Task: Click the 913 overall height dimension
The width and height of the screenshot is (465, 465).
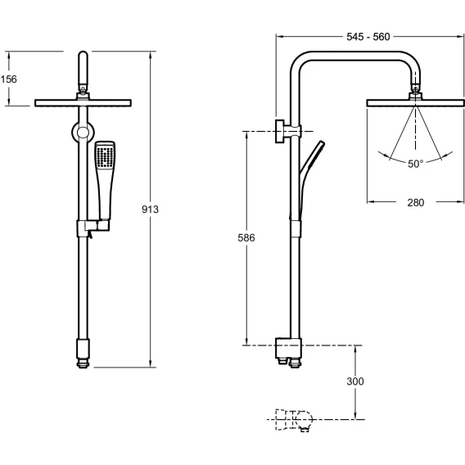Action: [150, 210]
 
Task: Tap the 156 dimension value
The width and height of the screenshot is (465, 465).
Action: [9, 79]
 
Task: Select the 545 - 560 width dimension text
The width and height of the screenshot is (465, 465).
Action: [368, 37]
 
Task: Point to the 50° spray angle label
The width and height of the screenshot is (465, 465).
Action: [416, 164]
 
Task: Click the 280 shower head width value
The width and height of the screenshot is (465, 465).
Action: [416, 202]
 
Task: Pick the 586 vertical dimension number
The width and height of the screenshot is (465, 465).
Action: [246, 237]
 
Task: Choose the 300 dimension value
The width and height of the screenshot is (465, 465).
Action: [355, 381]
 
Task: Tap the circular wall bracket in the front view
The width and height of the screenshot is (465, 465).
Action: [83, 133]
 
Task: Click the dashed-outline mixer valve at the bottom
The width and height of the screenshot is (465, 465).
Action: [294, 420]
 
